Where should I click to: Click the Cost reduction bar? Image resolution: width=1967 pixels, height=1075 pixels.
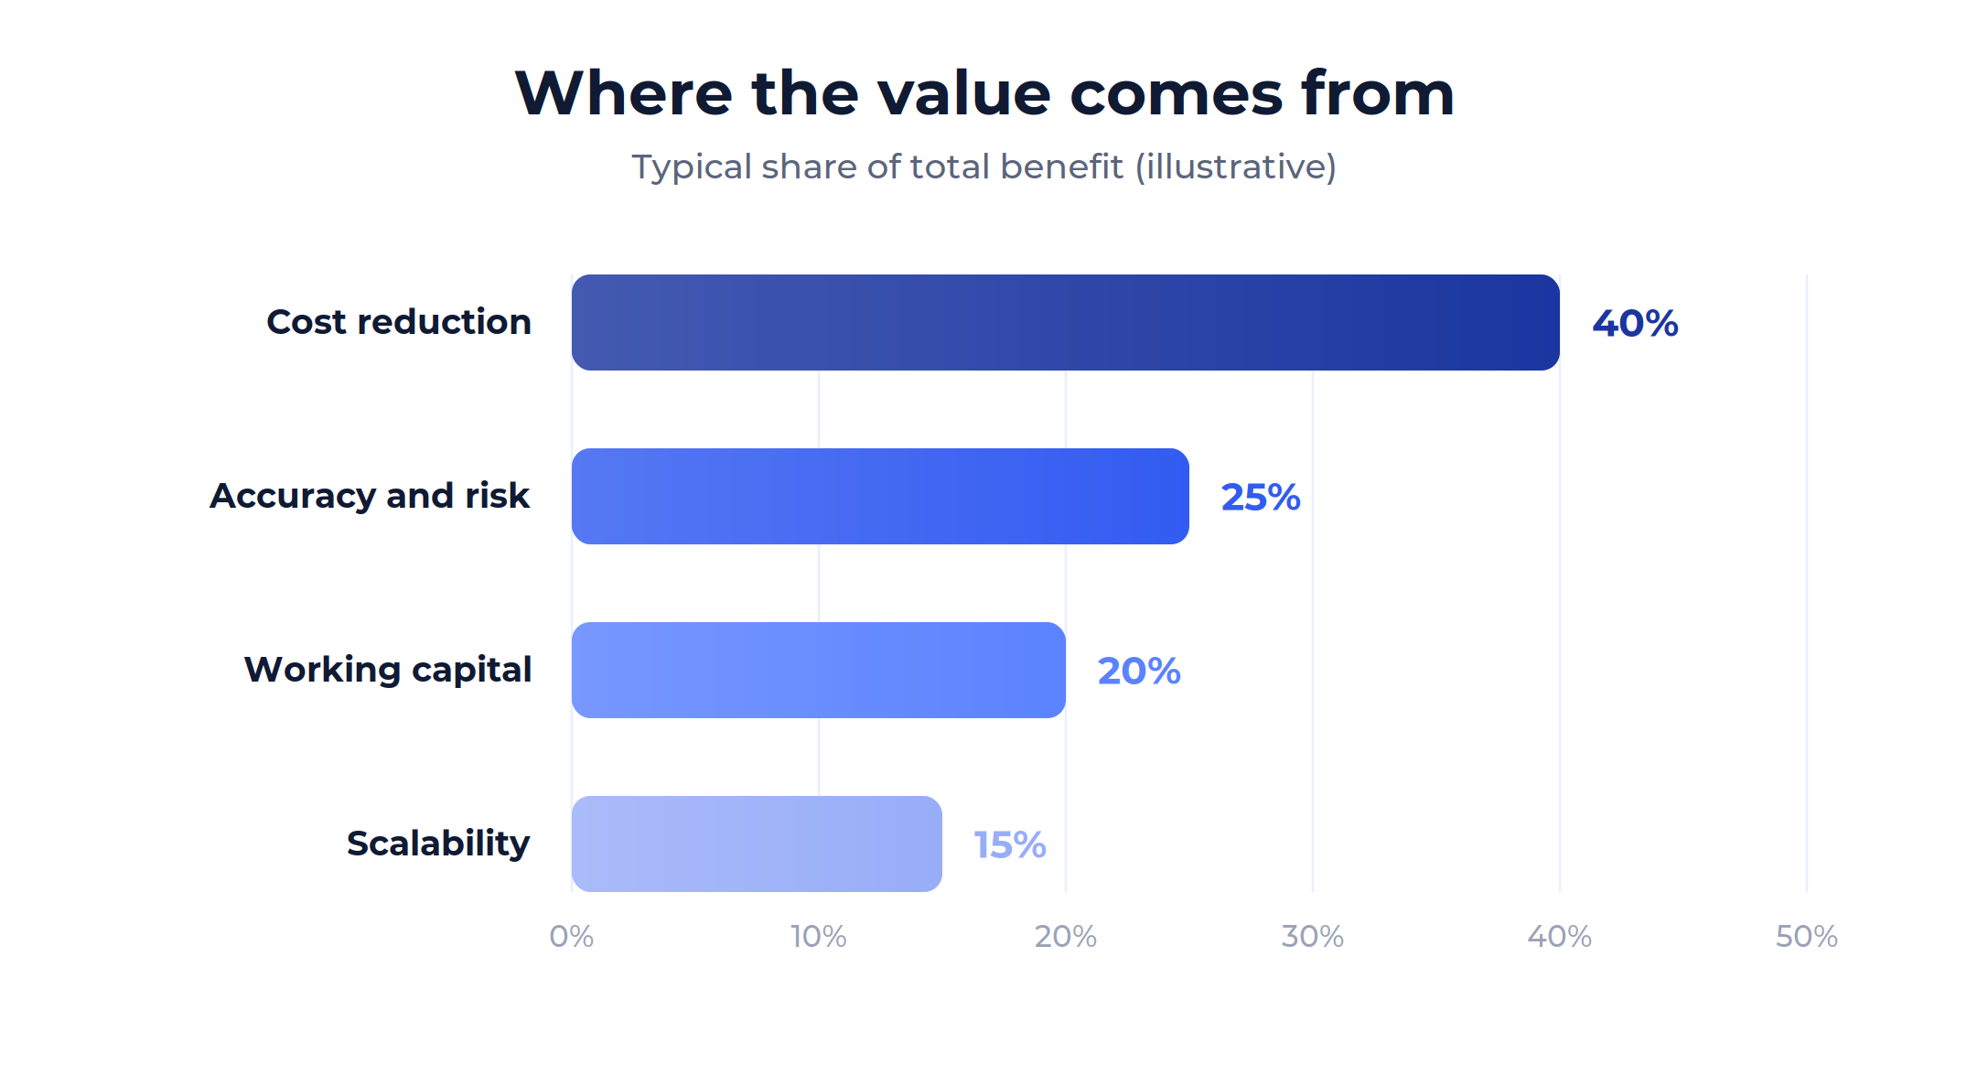pyautogui.click(x=1066, y=322)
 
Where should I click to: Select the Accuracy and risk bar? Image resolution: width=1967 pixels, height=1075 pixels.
pyautogui.click(x=880, y=496)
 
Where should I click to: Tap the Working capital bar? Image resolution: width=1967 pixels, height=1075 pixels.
pyautogui.click(x=819, y=670)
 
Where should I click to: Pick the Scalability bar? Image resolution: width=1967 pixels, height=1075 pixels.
pyautogui.click(x=757, y=844)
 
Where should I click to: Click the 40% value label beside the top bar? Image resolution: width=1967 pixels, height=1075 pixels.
pyautogui.click(x=1635, y=323)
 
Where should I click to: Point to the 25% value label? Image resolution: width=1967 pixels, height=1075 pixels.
pyautogui.click(x=1261, y=497)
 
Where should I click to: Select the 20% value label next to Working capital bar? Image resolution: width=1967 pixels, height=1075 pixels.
pyautogui.click(x=1139, y=671)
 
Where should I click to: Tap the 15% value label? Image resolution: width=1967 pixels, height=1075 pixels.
pyautogui.click(x=1010, y=844)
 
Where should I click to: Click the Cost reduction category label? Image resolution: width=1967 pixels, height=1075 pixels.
pyautogui.click(x=399, y=322)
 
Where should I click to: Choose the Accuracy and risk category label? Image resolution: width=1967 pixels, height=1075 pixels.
pyautogui.click(x=370, y=496)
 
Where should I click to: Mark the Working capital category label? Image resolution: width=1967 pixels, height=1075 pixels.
pyautogui.click(x=388, y=670)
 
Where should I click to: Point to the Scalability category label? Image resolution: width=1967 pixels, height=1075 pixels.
pyautogui.click(x=438, y=844)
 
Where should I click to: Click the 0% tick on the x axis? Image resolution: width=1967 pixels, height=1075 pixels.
pyautogui.click(x=572, y=936)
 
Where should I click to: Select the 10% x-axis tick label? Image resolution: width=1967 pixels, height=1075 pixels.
pyautogui.click(x=819, y=936)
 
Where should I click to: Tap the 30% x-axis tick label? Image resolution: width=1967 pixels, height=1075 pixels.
pyautogui.click(x=1313, y=936)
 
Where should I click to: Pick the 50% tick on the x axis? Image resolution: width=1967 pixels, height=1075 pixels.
pyautogui.click(x=1807, y=936)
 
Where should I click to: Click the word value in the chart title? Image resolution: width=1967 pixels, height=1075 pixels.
pyautogui.click(x=964, y=93)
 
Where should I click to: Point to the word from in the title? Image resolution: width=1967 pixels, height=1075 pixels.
pyautogui.click(x=1378, y=93)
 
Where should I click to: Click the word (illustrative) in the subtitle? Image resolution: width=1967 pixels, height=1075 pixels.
pyautogui.click(x=1236, y=167)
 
